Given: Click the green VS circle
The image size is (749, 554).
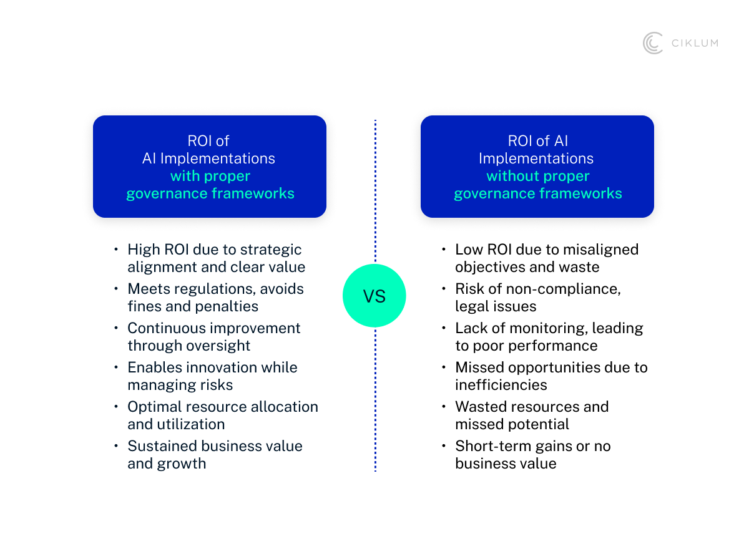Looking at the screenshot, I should click(374, 296).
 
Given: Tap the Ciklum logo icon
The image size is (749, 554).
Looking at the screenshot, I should click(653, 43).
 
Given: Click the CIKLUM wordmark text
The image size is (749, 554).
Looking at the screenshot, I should click(694, 43).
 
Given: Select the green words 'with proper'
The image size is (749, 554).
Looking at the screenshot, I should click(210, 176).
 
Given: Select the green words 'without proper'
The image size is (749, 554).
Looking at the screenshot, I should click(538, 176).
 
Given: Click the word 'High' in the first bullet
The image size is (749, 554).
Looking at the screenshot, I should click(144, 250).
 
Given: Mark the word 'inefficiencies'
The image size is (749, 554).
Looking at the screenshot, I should click(501, 385).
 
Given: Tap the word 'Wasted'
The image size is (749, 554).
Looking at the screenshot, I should click(481, 407).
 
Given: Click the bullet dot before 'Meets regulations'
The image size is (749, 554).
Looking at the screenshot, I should click(116, 289).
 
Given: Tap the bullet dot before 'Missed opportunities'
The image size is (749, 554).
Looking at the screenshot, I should click(444, 367).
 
